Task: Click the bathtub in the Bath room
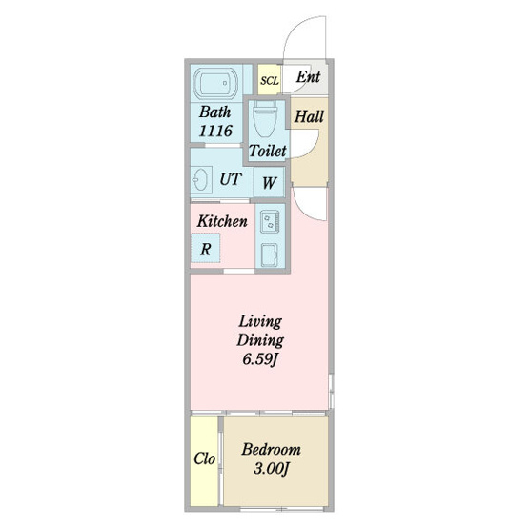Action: tap(215, 84)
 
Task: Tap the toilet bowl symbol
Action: tap(265, 119)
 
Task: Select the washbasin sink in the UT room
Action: tap(201, 179)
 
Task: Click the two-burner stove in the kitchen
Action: tap(270, 221)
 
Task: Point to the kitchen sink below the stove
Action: tap(270, 254)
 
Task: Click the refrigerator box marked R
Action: tap(206, 249)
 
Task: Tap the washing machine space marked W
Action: tap(269, 183)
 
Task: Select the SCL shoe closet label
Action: tap(270, 81)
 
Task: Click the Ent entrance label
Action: tap(308, 76)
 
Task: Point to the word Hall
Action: tap(309, 116)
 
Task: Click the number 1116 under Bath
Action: tap(215, 131)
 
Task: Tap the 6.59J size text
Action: tap(260, 359)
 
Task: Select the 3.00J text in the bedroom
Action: tap(272, 468)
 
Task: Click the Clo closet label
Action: tap(204, 458)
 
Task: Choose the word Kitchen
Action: tap(222, 221)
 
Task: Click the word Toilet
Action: tap(268, 151)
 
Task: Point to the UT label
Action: tap(231, 179)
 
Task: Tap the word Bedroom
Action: tap(272, 449)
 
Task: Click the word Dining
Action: tap(260, 340)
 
